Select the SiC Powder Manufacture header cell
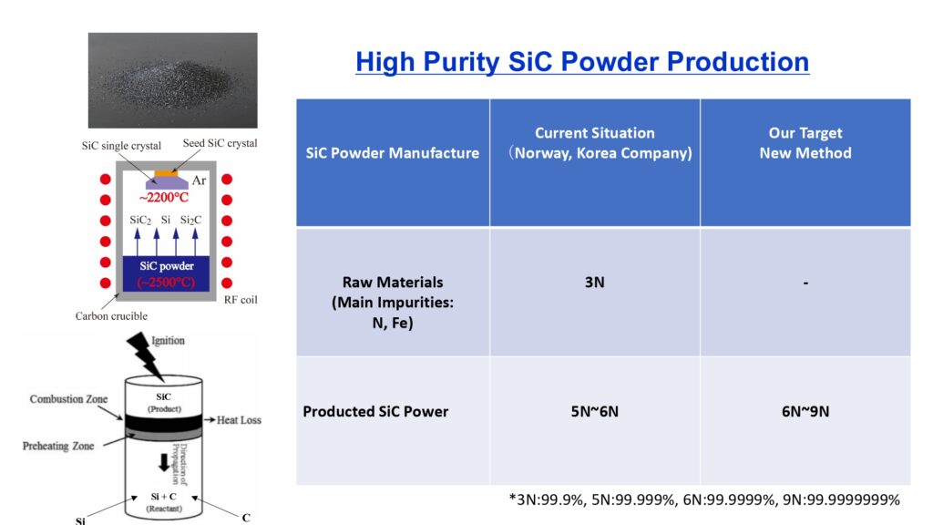pyautogui.click(x=393, y=162)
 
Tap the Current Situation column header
pyautogui.click(x=595, y=162)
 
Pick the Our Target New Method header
pyautogui.click(x=805, y=162)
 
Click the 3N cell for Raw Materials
pyautogui.click(x=595, y=292)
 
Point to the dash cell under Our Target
pyautogui.click(x=805, y=292)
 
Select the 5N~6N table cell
pyautogui.click(x=595, y=421)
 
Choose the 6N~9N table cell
pyautogui.click(x=805, y=421)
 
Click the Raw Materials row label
pyautogui.click(x=393, y=303)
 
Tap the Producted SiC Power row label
pyautogui.click(x=375, y=411)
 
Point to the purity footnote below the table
pyautogui.click(x=704, y=499)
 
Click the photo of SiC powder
pyautogui.click(x=172, y=80)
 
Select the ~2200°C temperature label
pyautogui.click(x=164, y=198)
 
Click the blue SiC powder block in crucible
pyautogui.click(x=166, y=273)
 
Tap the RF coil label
pyautogui.click(x=241, y=300)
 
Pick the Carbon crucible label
pyautogui.click(x=111, y=316)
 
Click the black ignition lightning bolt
pyautogui.click(x=145, y=355)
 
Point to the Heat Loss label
pyautogui.click(x=239, y=420)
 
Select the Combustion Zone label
pyautogui.click(x=68, y=399)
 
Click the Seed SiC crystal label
pyautogui.click(x=220, y=143)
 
